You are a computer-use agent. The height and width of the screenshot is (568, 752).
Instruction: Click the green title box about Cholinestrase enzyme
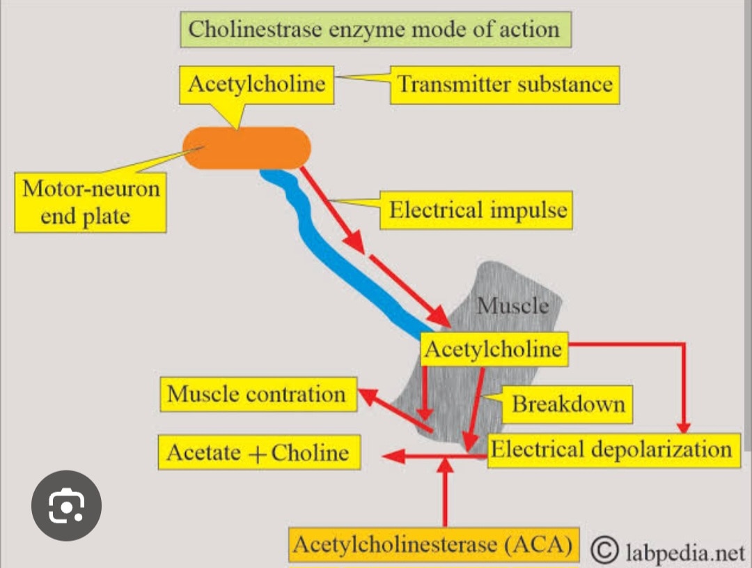coord(374,30)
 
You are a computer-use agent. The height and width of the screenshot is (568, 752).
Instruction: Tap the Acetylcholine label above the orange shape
coord(257,84)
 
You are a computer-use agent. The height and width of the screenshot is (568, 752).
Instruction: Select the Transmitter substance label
coord(504,85)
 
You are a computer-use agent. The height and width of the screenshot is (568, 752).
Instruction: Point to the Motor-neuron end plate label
coord(91,202)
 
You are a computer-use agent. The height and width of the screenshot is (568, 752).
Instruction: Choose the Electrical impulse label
coord(477,210)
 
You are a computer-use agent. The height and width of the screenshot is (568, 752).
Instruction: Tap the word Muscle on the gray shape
coord(512,305)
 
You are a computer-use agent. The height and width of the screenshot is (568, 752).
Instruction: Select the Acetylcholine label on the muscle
coord(494,348)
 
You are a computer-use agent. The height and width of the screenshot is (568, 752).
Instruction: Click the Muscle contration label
coord(257,394)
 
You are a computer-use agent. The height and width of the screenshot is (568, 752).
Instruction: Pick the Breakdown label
coord(568,404)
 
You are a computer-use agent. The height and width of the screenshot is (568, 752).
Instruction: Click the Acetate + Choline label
coord(258,453)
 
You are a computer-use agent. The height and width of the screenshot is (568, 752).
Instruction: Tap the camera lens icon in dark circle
coord(67,506)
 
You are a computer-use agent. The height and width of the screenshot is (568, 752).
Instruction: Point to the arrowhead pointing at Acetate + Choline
coord(394,456)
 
